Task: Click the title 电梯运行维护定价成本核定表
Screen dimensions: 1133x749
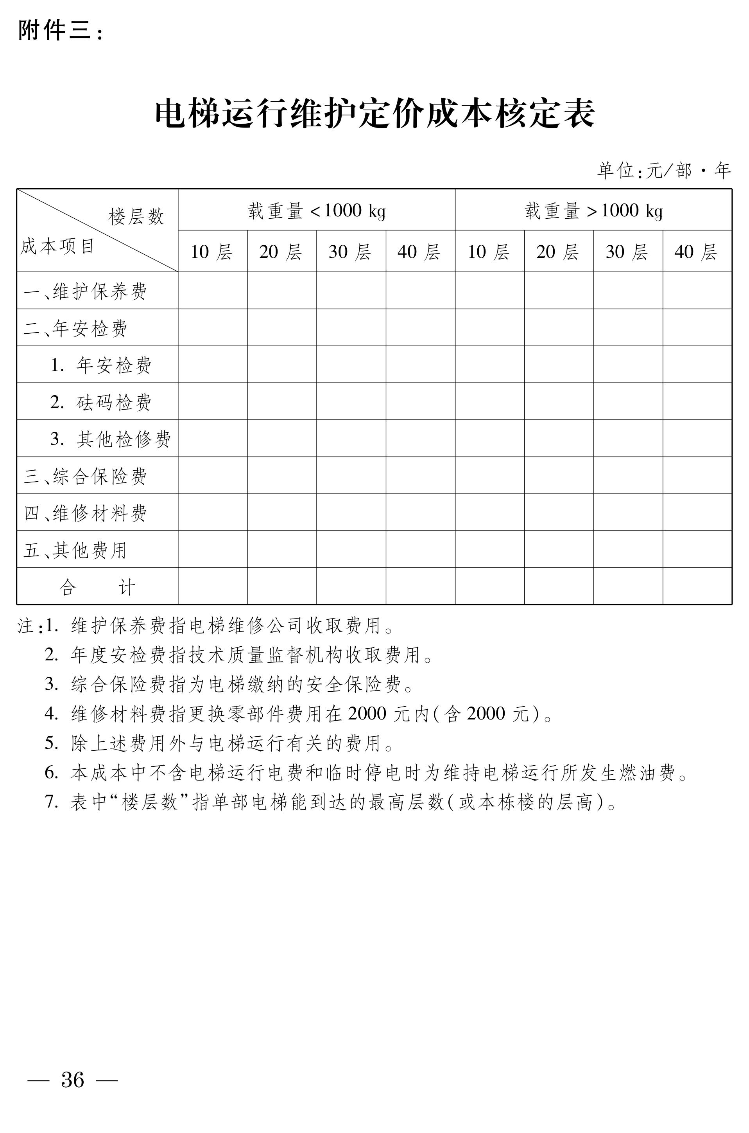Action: (374, 114)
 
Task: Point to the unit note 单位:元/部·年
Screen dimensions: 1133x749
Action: (664, 170)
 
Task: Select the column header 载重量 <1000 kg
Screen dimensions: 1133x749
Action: (316, 210)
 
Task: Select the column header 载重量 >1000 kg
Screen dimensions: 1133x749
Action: (593, 210)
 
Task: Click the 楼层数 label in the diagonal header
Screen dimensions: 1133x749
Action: (136, 217)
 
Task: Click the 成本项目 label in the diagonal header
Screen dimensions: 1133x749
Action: (57, 247)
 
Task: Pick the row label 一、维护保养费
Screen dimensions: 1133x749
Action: (86, 291)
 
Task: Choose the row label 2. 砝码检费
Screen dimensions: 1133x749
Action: (101, 402)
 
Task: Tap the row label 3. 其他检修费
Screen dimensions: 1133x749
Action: (110, 439)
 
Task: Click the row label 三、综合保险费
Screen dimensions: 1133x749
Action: (86, 476)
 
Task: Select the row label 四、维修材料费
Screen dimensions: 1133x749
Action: (86, 513)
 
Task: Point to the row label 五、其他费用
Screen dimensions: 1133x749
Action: (75, 550)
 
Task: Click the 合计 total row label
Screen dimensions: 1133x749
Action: (97, 587)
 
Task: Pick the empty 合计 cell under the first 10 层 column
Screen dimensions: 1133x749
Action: (213, 586)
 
